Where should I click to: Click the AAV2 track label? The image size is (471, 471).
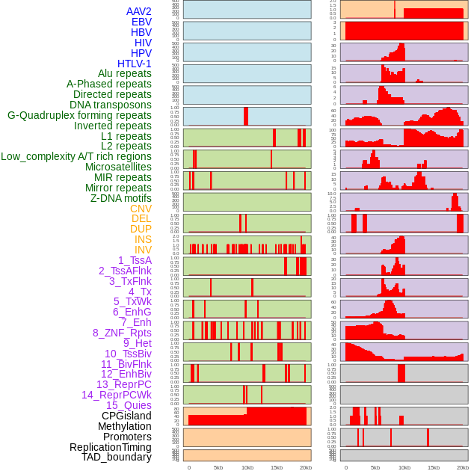pyautogui.click(x=138, y=12)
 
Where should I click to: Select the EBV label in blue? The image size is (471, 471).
pyautogui.click(x=141, y=22)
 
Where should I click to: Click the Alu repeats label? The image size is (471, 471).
pyautogui.click(x=124, y=74)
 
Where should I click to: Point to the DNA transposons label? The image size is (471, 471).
pyautogui.click(x=111, y=105)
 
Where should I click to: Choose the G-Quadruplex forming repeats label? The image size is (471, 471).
pyautogui.click(x=79, y=116)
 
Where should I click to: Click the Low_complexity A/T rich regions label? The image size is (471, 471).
pyautogui.click(x=76, y=157)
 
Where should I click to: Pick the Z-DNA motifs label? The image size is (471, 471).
pyautogui.click(x=121, y=198)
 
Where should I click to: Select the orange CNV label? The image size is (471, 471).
pyautogui.click(x=141, y=209)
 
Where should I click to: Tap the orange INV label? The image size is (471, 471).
pyautogui.click(x=142, y=250)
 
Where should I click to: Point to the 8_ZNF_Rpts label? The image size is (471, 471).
pyautogui.click(x=122, y=333)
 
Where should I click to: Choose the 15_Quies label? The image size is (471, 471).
pyautogui.click(x=128, y=405)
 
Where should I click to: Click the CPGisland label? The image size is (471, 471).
pyautogui.click(x=126, y=416)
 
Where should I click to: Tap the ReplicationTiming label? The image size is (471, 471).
pyautogui.click(x=110, y=447)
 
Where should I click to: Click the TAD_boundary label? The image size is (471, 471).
pyautogui.click(x=117, y=457)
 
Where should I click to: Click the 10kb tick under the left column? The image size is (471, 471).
pyautogui.click(x=247, y=467)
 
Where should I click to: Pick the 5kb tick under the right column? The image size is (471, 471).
pyautogui.click(x=375, y=467)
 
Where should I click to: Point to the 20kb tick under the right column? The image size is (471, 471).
pyautogui.click(x=462, y=467)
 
